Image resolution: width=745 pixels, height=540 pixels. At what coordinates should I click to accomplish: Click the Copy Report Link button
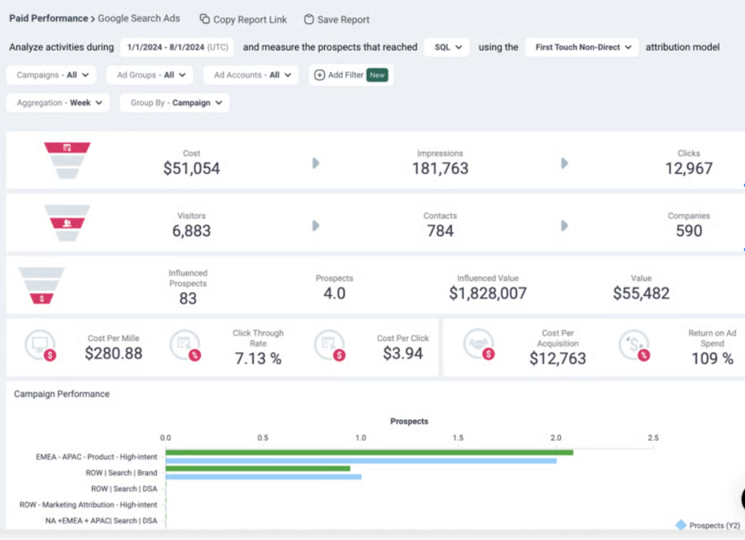(243, 20)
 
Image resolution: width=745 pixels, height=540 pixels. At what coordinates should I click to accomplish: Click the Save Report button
(337, 20)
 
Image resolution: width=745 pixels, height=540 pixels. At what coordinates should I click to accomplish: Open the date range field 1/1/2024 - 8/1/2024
(176, 47)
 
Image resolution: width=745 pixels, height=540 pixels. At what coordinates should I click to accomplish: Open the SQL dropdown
(447, 47)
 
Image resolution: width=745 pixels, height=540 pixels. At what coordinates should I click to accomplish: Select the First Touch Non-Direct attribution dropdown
(582, 47)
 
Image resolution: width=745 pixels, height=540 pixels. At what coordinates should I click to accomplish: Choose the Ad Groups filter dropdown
(150, 75)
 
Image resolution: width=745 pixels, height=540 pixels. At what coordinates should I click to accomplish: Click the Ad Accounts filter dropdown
(251, 75)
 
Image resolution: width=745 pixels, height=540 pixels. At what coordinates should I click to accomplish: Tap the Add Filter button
(351, 75)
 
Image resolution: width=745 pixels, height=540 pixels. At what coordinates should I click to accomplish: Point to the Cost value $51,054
(191, 169)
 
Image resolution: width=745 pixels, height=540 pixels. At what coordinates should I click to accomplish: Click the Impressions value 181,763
(440, 169)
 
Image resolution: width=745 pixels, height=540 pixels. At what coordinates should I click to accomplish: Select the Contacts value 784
(440, 231)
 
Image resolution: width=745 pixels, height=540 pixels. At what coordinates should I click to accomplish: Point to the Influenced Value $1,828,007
(488, 293)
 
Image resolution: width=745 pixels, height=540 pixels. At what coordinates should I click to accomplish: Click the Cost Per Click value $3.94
(403, 354)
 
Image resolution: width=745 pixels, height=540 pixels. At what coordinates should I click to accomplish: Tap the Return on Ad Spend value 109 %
(712, 358)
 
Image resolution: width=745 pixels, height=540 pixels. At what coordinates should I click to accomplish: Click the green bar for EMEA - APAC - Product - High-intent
(369, 452)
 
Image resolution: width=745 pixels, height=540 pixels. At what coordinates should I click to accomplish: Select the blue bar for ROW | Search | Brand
(263, 477)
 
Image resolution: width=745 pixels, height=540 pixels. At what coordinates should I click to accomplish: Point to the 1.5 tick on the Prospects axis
(458, 438)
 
